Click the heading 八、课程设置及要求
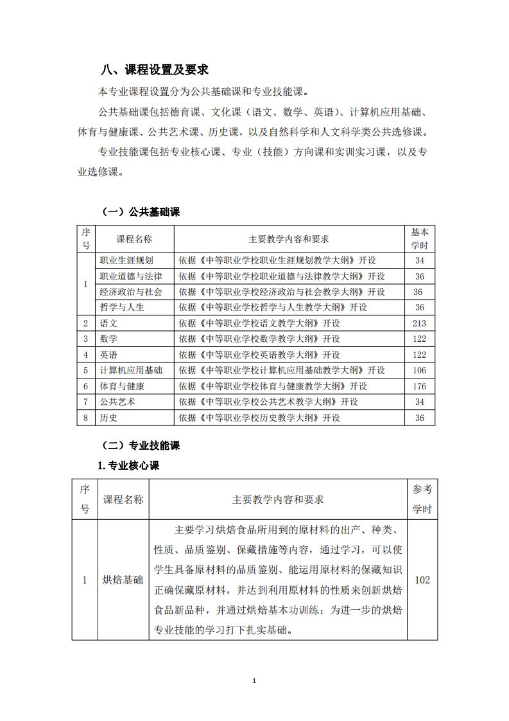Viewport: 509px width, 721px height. [155, 70]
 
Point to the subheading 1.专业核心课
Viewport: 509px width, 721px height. [128, 466]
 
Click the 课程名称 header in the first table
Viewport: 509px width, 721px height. [134, 239]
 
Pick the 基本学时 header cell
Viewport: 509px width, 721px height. [420, 239]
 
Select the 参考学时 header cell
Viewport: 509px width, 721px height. [422, 499]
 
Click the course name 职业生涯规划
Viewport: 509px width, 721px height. [126, 261]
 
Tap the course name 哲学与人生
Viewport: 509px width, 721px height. [122, 308]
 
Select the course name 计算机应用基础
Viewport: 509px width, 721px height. [131, 371]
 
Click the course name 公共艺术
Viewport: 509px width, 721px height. [117, 402]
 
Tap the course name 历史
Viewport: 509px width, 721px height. [109, 418]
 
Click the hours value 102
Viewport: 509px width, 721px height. [422, 580]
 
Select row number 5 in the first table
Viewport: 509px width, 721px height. [85, 371]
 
